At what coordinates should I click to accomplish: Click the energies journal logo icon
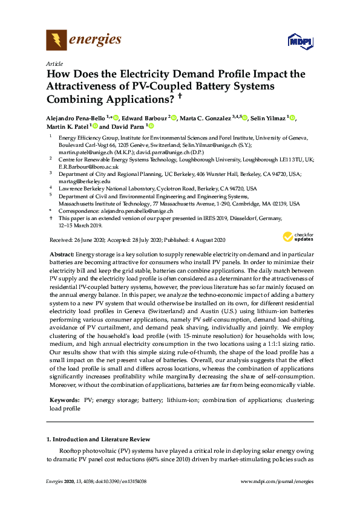57,40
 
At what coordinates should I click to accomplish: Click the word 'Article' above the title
54,63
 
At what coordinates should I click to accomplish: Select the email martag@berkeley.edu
80,181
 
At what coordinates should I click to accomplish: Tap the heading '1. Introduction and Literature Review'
98,439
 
